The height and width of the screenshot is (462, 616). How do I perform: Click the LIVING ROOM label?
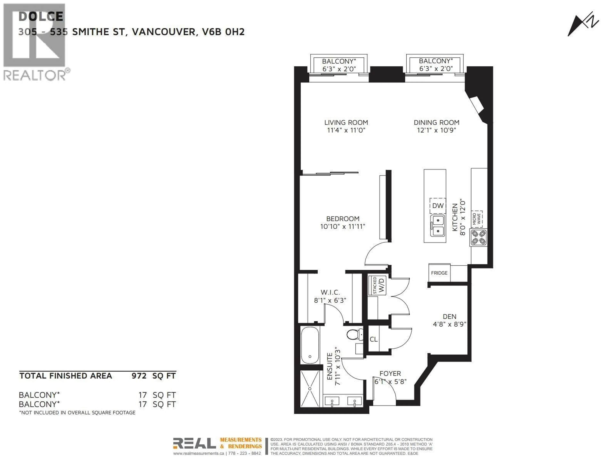(x=346, y=123)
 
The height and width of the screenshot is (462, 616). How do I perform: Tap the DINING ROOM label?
(x=436, y=123)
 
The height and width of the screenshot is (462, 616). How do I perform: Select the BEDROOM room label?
(x=343, y=219)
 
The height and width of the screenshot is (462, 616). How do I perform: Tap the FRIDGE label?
(x=439, y=273)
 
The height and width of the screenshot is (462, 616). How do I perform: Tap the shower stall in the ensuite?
(x=310, y=389)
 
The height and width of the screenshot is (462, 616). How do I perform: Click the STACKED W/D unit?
(x=378, y=285)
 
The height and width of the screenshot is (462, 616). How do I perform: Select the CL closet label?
(x=373, y=339)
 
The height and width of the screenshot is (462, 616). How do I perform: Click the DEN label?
(x=449, y=317)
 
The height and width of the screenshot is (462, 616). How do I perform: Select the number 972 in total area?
(x=139, y=376)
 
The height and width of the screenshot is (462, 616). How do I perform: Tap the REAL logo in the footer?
(x=194, y=443)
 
